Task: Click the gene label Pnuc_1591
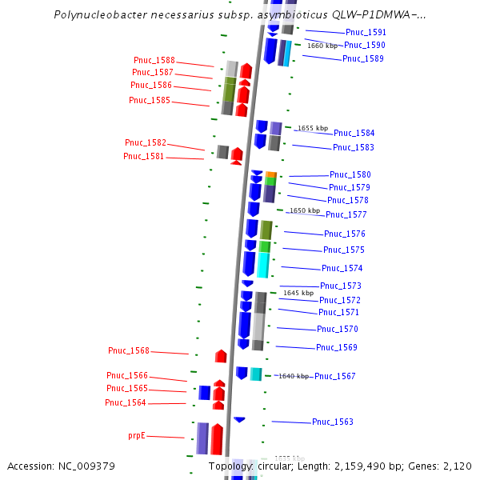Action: pos(365,32)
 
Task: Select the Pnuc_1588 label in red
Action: pos(154,60)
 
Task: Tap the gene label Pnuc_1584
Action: pos(354,133)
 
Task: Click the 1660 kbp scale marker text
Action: pos(322,46)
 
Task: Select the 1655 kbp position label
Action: pos(313,128)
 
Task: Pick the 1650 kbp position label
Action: pos(305,210)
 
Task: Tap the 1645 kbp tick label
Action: pos(298,293)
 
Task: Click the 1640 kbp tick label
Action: pos(294,376)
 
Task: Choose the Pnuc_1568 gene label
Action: pos(128,350)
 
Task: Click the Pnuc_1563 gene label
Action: pos(332,422)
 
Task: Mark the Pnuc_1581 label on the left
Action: pos(143,156)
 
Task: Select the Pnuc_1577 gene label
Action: pos(346,214)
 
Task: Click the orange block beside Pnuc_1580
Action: pos(270,174)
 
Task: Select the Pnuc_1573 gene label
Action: pos(341,286)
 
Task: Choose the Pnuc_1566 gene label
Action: pos(126,375)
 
